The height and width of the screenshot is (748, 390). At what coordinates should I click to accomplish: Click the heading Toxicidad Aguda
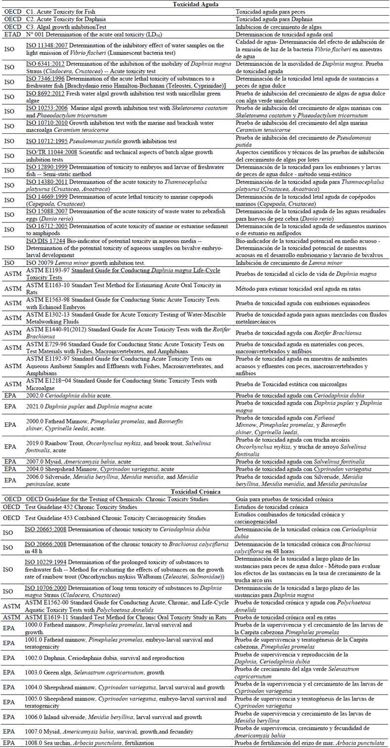[195, 4]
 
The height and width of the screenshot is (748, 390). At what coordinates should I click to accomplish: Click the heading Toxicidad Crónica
[195, 492]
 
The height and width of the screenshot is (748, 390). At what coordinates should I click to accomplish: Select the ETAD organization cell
[12, 35]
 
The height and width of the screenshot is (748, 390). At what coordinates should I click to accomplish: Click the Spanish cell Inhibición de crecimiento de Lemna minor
[289, 263]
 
